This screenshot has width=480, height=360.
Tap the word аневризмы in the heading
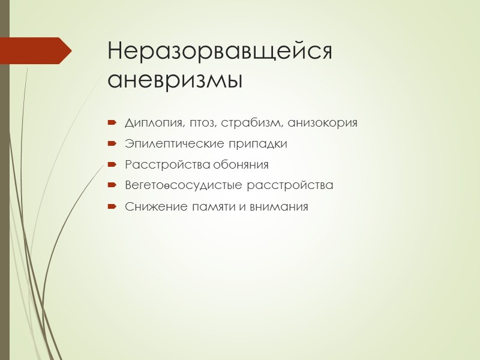coord(175,80)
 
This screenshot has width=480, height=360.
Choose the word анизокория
coord(322,124)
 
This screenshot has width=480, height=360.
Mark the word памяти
coord(203,207)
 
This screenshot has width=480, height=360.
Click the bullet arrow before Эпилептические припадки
coord(111,145)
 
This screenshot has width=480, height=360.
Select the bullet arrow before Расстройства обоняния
coord(111,165)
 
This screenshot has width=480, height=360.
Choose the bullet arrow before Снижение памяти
coord(111,207)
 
